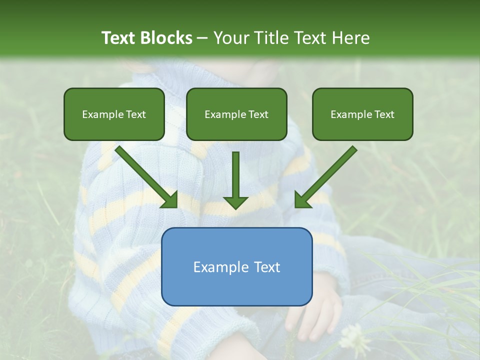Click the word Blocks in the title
coord(167,38)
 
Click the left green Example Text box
coord(114,114)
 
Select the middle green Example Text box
coord(236,114)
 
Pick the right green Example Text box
coord(362,114)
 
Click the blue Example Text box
coord(237,267)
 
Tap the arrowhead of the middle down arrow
coord(235,202)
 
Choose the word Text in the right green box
coord(384,114)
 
